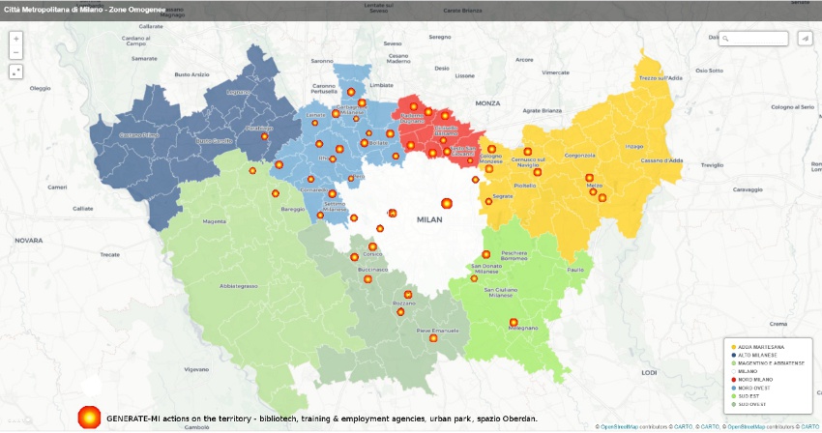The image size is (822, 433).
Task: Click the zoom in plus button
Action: tap(16, 39)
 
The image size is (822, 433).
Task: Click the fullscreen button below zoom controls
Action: tap(16, 72)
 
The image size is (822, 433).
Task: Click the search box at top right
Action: tap(757, 39)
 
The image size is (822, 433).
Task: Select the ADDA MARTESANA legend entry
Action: tap(760, 346)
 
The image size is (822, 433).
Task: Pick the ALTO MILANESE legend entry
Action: tap(756, 355)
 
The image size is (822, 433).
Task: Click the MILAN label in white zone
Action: tap(429, 219)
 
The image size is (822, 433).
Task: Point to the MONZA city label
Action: tap(487, 102)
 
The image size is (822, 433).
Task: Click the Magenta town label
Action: tap(213, 221)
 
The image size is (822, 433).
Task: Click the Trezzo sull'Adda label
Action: tap(661, 77)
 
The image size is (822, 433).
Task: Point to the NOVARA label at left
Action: tap(28, 240)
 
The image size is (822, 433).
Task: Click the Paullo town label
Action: tap(576, 271)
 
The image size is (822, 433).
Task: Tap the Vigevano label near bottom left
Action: tap(196, 369)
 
